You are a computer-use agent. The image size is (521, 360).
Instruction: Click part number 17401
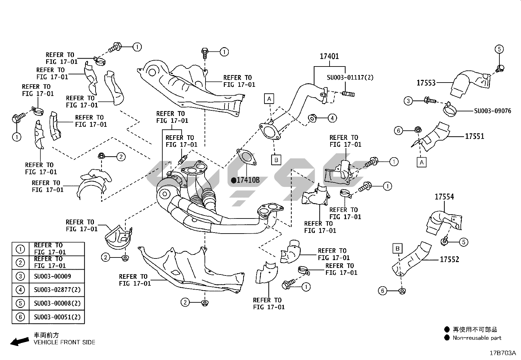point(329,56)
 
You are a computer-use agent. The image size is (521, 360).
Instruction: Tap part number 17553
point(426,83)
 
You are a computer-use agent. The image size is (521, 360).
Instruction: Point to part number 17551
point(474,136)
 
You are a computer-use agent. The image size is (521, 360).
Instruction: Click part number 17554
point(444,197)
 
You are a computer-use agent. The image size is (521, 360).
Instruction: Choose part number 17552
point(449,259)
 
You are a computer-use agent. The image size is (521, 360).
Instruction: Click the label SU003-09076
point(493,111)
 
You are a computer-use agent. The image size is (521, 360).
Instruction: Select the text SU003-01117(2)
point(350,77)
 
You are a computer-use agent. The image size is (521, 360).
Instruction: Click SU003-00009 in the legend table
point(52,276)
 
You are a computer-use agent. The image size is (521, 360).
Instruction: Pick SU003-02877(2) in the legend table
point(57,290)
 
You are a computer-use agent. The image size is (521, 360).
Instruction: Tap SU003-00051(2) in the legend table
point(57,317)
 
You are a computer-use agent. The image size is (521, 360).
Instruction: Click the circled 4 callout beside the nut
point(332,118)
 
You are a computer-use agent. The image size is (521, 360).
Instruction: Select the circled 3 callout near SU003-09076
point(408,101)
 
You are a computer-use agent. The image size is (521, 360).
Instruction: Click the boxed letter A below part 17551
point(422,162)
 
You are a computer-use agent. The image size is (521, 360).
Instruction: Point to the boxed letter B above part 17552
point(397,249)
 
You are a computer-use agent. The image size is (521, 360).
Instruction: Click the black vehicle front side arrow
point(19,341)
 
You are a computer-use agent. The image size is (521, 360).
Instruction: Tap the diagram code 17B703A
point(503,353)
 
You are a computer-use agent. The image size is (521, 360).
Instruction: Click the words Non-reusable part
point(477,338)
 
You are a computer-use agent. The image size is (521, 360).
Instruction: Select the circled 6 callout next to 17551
point(398,131)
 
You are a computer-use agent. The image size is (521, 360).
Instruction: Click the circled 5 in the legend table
point(20,303)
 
